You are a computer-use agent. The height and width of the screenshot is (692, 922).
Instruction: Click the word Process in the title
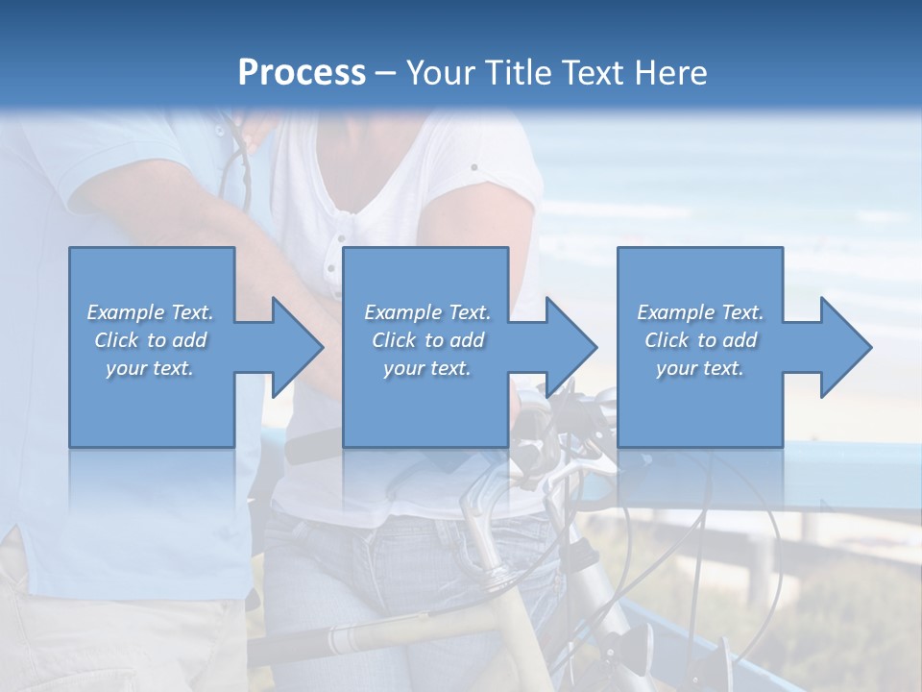click(302, 73)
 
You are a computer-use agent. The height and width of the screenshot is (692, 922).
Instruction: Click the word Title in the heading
click(517, 73)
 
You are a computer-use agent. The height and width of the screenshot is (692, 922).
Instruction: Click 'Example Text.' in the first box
click(150, 312)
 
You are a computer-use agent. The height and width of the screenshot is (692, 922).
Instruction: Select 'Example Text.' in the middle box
click(427, 312)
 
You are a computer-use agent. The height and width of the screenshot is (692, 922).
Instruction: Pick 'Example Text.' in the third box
click(700, 312)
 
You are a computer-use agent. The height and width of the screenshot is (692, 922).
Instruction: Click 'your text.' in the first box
click(150, 368)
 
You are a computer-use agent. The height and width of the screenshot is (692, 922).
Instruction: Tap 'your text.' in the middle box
click(427, 368)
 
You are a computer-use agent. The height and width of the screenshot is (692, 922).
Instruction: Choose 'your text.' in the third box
click(700, 368)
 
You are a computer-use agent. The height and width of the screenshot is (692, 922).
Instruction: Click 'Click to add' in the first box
click(150, 340)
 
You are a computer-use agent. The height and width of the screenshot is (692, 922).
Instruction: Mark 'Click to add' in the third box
click(700, 340)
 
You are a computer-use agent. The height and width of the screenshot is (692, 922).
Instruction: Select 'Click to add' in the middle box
click(427, 340)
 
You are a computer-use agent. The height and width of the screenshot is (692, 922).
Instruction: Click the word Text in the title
click(594, 73)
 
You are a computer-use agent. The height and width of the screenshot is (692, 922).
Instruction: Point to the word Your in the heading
click(441, 73)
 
